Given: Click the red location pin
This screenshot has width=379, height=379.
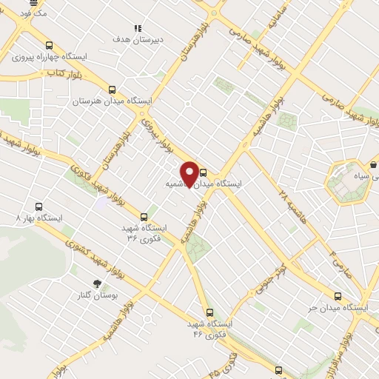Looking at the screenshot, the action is click(190, 173).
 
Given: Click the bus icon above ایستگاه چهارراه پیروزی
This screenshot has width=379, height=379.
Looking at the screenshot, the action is click(49, 45).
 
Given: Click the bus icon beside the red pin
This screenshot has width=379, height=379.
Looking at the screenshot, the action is click(204, 173).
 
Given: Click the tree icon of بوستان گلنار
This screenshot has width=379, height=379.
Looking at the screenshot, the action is click(95, 284).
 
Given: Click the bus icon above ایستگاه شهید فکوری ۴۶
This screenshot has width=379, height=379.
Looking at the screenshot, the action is click(211, 312).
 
